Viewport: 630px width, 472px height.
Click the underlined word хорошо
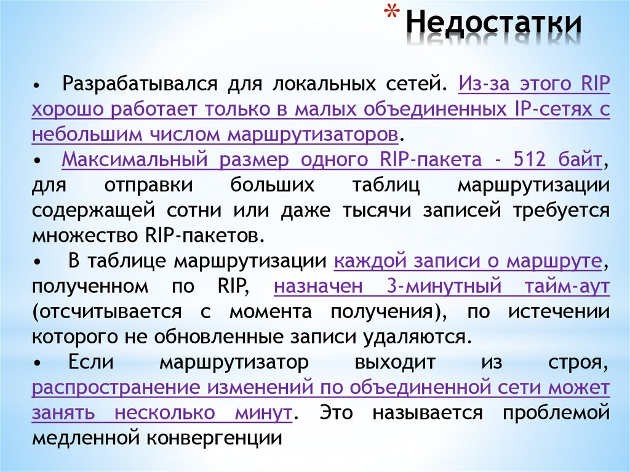(x=68, y=109)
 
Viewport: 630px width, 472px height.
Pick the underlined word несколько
(x=164, y=414)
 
